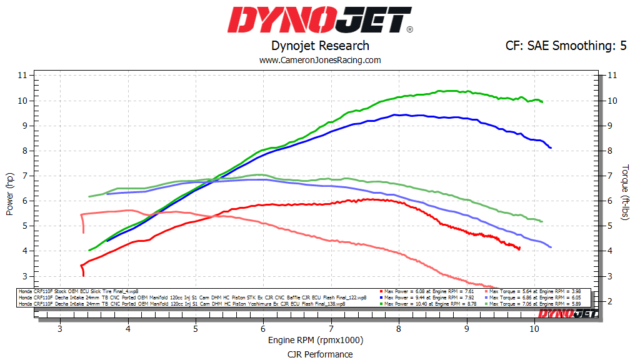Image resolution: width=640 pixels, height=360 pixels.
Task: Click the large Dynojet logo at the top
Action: click(319, 20)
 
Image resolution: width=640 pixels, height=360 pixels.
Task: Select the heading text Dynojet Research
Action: click(320, 46)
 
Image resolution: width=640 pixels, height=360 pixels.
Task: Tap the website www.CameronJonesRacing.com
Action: click(320, 60)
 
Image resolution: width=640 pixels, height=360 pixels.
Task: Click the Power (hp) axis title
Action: click(9, 194)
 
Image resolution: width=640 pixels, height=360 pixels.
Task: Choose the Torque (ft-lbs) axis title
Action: click(626, 192)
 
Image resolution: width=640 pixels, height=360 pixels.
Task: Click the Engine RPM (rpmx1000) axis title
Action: click(316, 341)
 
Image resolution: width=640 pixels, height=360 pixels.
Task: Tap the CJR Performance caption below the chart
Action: click(320, 354)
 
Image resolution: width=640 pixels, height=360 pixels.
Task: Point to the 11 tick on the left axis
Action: click(22, 75)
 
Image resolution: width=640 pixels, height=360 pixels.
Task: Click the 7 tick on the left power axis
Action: click(24, 176)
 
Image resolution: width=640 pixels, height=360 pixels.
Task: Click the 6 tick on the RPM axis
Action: click(263, 329)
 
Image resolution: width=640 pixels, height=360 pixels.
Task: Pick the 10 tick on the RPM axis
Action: click(534, 329)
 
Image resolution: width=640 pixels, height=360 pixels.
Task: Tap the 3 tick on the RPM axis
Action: click(60, 329)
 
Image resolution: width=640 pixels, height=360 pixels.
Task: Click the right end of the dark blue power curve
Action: click(551, 147)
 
